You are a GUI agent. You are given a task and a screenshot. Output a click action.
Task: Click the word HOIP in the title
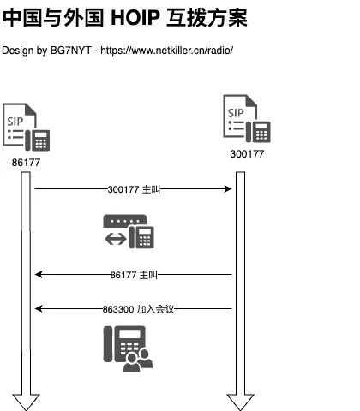(x=135, y=18)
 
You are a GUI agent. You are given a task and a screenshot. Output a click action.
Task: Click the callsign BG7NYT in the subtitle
(x=71, y=51)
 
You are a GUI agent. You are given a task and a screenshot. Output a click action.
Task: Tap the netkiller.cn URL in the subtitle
(x=167, y=51)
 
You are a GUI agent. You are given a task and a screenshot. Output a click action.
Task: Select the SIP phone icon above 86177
(x=26, y=127)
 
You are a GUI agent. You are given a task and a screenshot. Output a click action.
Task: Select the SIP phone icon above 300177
(x=247, y=118)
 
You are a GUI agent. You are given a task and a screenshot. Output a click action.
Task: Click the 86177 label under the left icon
(x=26, y=163)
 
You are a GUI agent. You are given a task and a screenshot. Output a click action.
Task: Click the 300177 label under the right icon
(x=247, y=154)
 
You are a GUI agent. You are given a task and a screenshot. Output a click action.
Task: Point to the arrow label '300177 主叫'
(x=134, y=189)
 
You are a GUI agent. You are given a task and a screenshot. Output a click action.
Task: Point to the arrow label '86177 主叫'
(x=134, y=275)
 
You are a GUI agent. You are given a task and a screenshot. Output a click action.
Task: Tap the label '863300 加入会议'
(x=138, y=309)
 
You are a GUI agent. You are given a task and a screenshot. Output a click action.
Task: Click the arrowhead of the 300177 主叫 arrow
(x=228, y=188)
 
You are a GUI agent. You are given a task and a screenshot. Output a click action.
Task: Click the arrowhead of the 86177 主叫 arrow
(x=39, y=275)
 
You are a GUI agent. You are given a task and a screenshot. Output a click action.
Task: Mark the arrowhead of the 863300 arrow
(x=39, y=308)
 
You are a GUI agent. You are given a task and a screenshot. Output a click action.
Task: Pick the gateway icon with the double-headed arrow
(x=129, y=231)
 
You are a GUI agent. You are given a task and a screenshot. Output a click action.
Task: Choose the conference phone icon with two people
(x=128, y=348)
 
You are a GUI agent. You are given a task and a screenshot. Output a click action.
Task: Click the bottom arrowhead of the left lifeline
(x=26, y=402)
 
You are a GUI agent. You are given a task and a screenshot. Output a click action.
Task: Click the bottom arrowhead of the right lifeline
(x=240, y=402)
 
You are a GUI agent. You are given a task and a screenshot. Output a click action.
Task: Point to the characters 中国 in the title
(x=21, y=18)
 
